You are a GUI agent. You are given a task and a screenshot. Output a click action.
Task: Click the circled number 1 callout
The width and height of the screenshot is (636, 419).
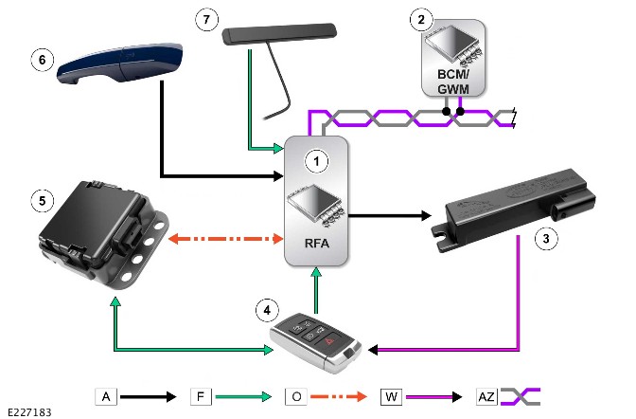[x=320, y=162]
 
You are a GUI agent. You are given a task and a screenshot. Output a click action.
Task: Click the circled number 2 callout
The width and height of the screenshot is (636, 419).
[x=420, y=16]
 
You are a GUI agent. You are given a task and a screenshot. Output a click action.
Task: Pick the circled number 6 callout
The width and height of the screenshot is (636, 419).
[x=40, y=58]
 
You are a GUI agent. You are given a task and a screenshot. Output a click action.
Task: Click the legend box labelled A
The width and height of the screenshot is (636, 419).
[x=105, y=394]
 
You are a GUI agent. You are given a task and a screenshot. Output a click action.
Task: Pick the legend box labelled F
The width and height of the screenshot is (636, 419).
[x=200, y=394]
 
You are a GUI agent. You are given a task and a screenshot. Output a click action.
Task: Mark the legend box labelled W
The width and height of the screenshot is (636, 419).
[x=389, y=394]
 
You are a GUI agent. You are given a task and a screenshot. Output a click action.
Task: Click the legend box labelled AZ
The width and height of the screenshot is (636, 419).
[x=486, y=394]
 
